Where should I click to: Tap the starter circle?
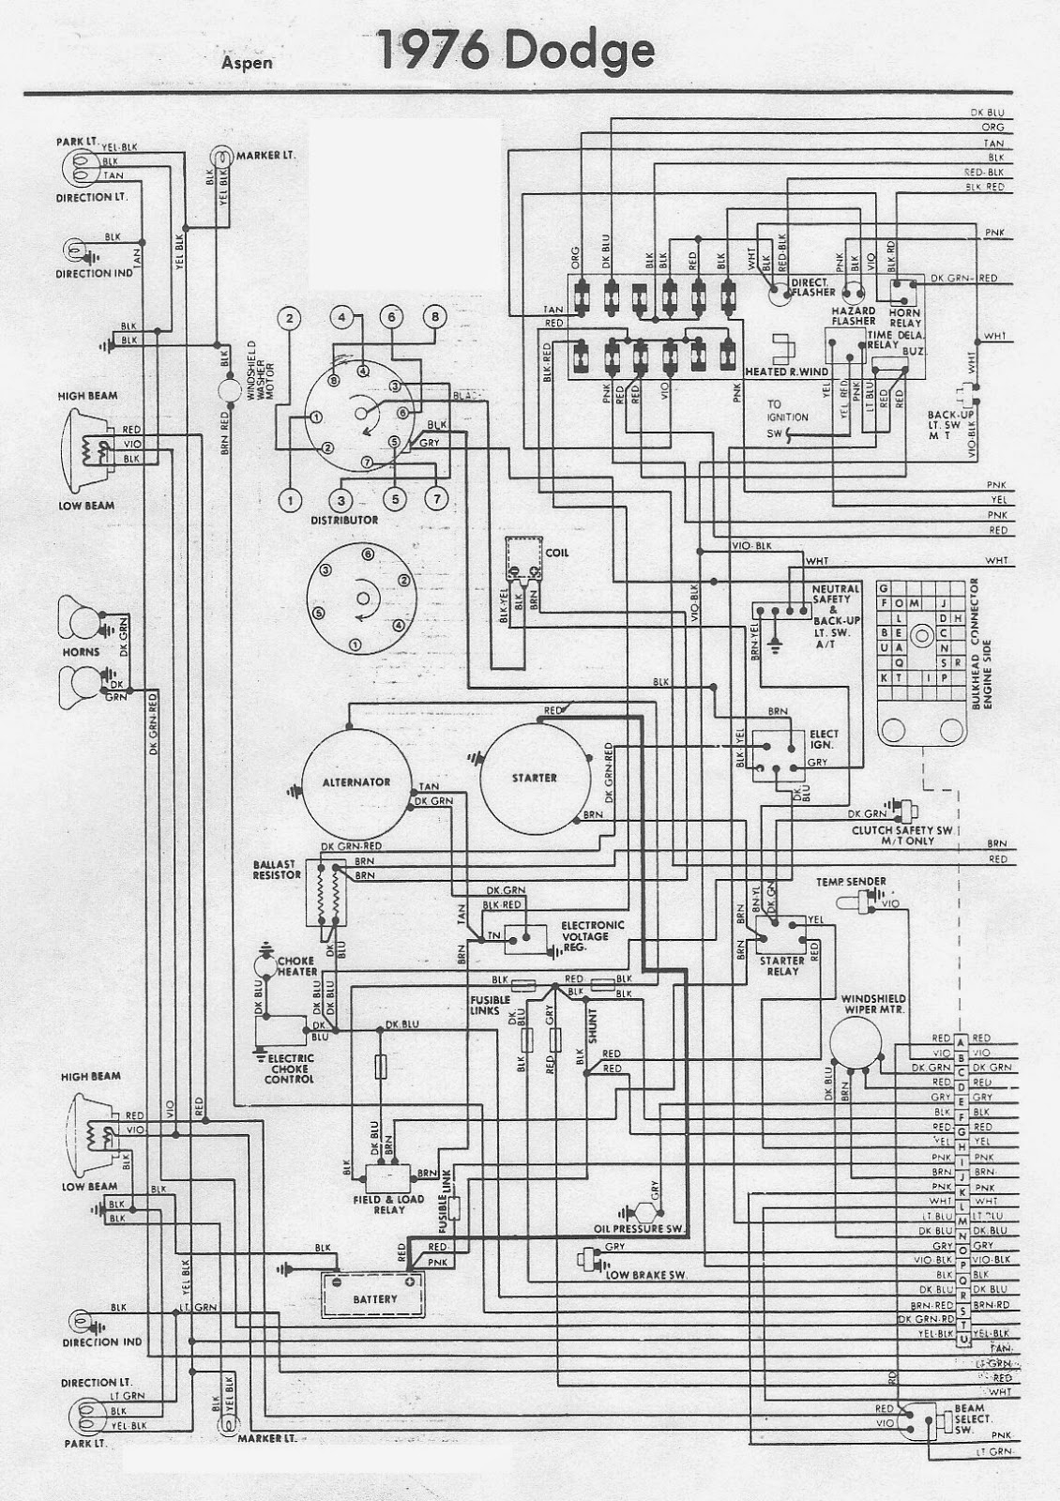[534, 778]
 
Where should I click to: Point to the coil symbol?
[523, 560]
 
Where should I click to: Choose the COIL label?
[557, 553]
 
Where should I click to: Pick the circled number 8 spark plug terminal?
[434, 317]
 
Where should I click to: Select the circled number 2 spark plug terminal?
[291, 318]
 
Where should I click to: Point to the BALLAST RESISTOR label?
[276, 869]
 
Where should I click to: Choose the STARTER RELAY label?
[782, 965]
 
